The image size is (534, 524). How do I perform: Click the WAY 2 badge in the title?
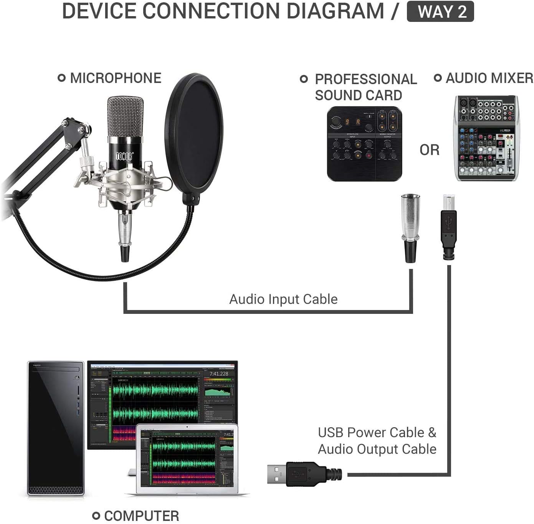pos(440,12)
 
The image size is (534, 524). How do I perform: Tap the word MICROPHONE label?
pos(115,78)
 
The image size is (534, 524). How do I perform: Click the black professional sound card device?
pos(364,143)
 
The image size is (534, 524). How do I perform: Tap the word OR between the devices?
pos(429,150)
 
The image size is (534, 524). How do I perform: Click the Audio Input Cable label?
pos(283,299)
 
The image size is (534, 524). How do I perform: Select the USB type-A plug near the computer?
pos(303,473)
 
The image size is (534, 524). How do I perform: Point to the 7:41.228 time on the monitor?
pos(218,373)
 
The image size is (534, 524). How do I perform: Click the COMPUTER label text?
pos(141,516)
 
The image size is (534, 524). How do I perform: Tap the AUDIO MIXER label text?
pos(489,78)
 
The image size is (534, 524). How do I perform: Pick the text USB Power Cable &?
pos(377,433)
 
